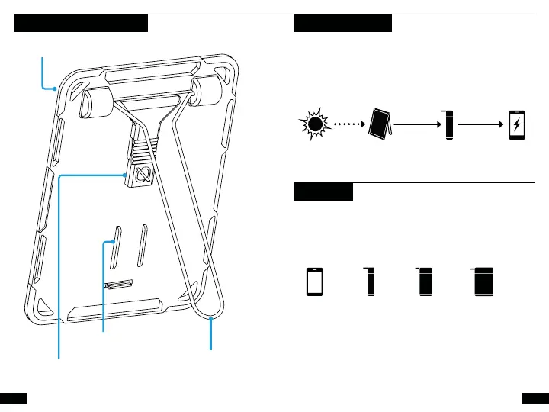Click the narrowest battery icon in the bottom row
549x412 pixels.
(371, 282)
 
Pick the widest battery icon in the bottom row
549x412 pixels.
(482, 282)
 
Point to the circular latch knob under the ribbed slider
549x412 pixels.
(143, 176)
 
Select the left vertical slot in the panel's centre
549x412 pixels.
(116, 247)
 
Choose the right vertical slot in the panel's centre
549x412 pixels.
(143, 245)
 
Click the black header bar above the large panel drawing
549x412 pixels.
(81, 24)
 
